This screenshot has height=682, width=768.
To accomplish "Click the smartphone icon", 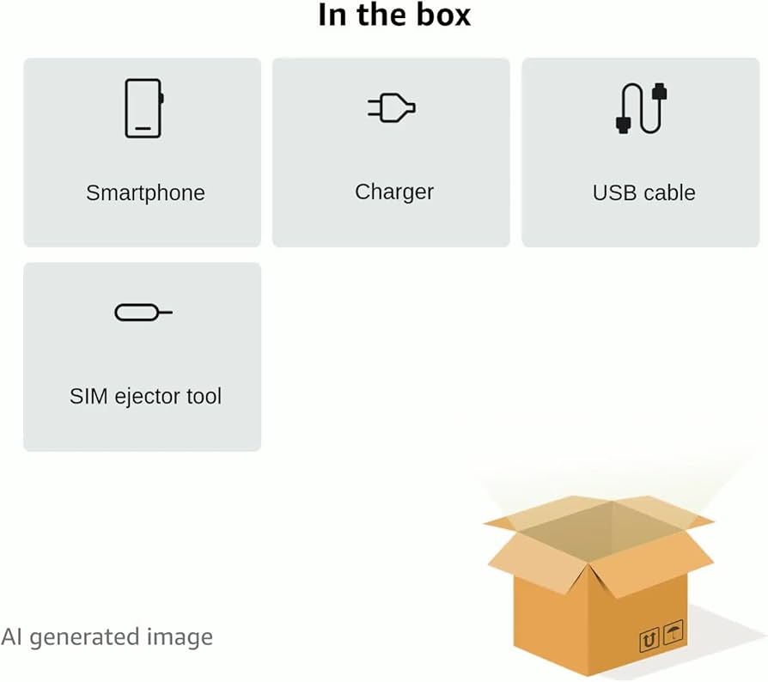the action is (144, 108).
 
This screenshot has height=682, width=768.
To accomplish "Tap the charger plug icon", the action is (392, 107).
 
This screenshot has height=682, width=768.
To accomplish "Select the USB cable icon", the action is (641, 108).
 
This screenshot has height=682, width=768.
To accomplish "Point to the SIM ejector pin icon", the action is (143, 313).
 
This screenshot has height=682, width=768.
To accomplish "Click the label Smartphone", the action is (145, 193).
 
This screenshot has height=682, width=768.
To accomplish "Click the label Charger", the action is (394, 192).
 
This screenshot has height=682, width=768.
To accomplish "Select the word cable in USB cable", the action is (669, 193).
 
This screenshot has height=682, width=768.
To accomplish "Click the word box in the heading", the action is (443, 15).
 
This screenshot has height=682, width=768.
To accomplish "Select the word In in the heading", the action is (332, 15).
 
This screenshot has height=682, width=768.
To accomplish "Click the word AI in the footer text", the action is (12, 637).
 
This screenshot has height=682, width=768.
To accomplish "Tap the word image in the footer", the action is (180, 638).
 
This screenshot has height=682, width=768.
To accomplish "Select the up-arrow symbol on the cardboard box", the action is (649, 639).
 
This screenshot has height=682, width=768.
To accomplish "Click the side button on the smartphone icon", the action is (162, 98).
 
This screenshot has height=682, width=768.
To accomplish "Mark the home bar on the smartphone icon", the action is (143, 128).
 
